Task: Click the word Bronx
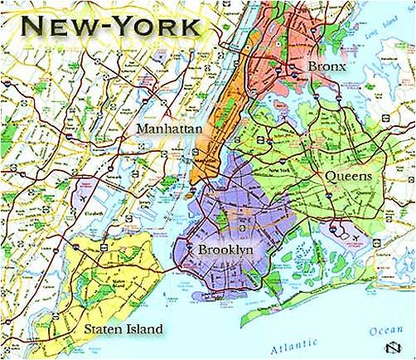(x=326, y=65)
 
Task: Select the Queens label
(x=347, y=177)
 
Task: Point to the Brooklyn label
(x=225, y=249)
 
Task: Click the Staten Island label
(x=123, y=330)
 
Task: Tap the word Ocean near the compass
(x=384, y=329)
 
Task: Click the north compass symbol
(x=387, y=347)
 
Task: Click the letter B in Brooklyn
(x=201, y=249)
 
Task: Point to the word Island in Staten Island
(x=142, y=330)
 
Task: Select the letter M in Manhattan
(x=143, y=130)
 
